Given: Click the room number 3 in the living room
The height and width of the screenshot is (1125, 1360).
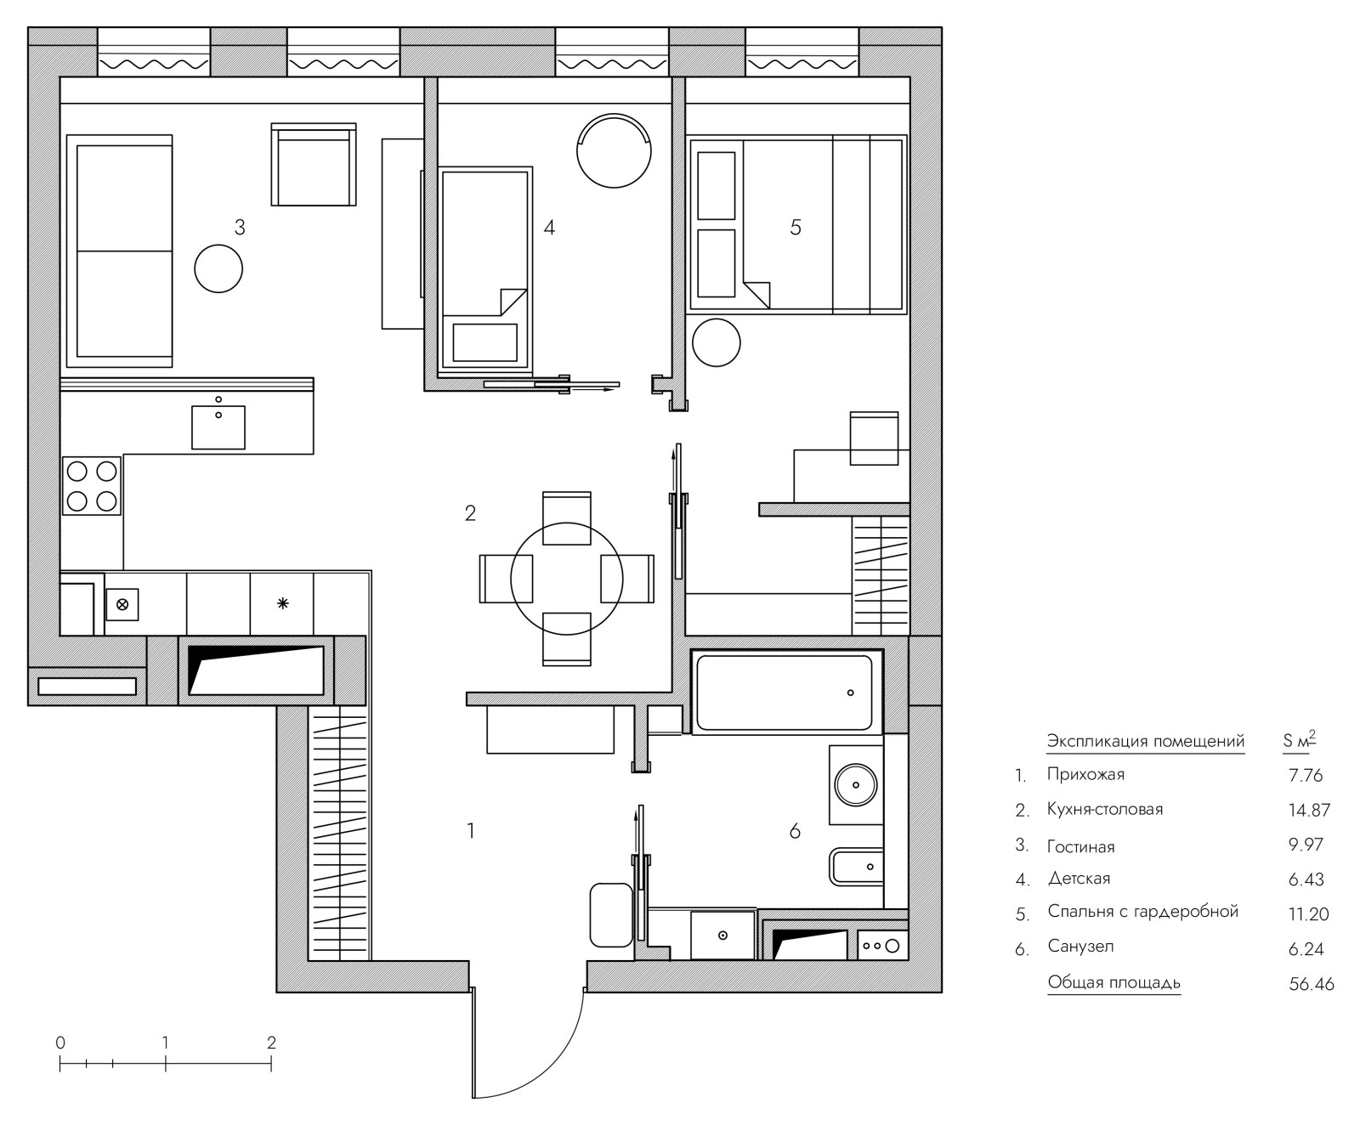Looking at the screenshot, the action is tap(240, 227).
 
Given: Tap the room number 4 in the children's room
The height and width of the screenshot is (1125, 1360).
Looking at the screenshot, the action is tap(549, 227).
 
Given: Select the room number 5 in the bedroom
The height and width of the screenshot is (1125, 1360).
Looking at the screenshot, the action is tap(796, 227).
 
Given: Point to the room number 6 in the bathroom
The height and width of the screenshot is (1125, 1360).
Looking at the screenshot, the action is tap(795, 830).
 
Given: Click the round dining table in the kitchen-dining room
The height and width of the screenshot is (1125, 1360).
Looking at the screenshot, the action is tap(567, 579).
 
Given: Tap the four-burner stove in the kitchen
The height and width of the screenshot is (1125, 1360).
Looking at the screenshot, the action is tap(92, 486).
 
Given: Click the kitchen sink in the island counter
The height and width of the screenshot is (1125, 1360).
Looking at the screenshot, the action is tap(218, 427).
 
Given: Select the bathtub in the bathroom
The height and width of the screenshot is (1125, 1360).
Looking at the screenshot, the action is tap(785, 693).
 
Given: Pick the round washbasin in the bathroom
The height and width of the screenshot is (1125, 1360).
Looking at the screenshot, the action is tap(856, 784).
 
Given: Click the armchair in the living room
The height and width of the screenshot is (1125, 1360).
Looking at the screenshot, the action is tap(313, 165).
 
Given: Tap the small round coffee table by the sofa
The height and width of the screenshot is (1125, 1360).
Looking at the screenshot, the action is tap(218, 269).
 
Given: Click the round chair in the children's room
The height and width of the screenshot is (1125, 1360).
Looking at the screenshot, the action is tap(614, 150).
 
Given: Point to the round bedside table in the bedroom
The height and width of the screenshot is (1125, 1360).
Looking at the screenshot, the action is tap(717, 342).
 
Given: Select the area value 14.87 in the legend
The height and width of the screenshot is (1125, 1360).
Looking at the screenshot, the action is tap(1309, 810).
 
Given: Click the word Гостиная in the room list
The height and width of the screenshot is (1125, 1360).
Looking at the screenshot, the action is tap(1080, 846).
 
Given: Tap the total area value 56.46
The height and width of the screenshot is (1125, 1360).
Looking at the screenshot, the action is tap(1312, 984).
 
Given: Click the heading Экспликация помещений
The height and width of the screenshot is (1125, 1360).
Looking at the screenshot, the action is tap(1146, 741).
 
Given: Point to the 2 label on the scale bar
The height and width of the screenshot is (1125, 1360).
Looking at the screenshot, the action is tap(271, 1043).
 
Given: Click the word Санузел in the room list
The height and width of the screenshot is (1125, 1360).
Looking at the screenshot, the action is tap(1080, 947).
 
